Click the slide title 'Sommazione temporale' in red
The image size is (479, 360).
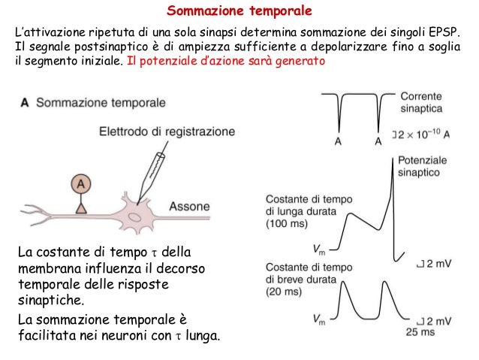239,11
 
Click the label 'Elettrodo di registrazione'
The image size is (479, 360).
167,132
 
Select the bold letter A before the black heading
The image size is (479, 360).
26,103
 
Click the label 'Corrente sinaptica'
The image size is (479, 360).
421,103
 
